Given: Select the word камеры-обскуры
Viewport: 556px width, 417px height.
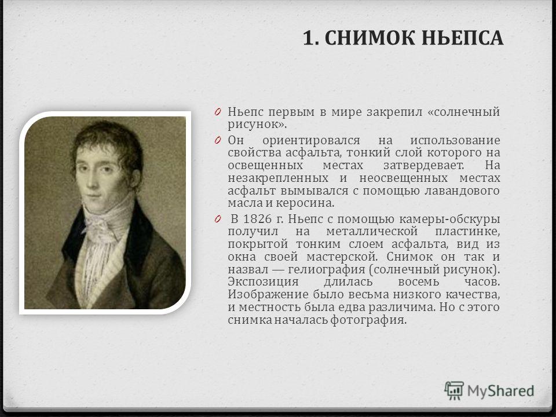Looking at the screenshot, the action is pos(449,220).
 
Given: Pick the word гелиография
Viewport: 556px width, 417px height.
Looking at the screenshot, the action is pos(326,269).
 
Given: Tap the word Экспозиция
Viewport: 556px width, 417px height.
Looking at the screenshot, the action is pos(263,282).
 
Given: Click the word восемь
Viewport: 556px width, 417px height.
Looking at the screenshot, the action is pos(418,282).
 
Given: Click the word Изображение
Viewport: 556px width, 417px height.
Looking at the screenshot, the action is pos(268,295).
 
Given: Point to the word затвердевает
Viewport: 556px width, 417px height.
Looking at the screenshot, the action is pos(424,166).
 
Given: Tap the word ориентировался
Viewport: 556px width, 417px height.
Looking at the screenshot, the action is pos(311,140).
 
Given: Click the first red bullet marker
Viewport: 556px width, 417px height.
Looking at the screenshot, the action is pos(218,112).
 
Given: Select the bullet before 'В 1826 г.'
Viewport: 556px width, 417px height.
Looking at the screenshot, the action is pos(218,219).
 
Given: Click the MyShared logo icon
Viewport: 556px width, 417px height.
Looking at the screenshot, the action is pos(454,391).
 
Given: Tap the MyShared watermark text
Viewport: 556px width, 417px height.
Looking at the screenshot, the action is pos(500,391).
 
